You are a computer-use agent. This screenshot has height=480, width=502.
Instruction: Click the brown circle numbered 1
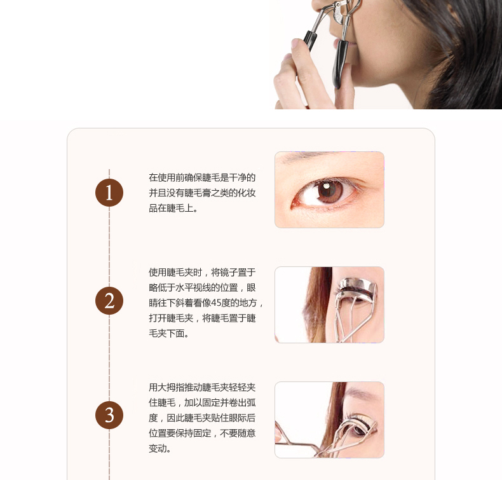coord(109,193)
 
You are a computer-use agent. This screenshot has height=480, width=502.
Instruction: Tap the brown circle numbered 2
coord(109,301)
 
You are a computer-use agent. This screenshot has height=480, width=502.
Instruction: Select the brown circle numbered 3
coord(109,415)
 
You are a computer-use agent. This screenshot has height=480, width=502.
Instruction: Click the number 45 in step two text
coord(216,303)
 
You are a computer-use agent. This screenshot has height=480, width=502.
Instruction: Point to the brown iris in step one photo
coord(330,191)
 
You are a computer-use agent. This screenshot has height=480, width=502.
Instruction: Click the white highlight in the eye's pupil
coord(326,186)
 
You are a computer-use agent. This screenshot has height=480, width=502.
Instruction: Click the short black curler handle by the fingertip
coord(310,39)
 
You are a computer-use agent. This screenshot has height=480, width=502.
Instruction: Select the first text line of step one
coord(202,177)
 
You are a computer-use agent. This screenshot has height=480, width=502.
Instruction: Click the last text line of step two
coord(169,333)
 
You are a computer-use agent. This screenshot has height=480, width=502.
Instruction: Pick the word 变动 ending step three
coord(159,448)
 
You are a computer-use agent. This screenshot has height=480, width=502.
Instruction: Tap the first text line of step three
coord(202,387)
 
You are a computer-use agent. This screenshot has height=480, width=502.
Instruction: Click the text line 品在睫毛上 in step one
coord(173,208)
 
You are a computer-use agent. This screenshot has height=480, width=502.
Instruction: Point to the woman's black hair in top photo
coord(461,48)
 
